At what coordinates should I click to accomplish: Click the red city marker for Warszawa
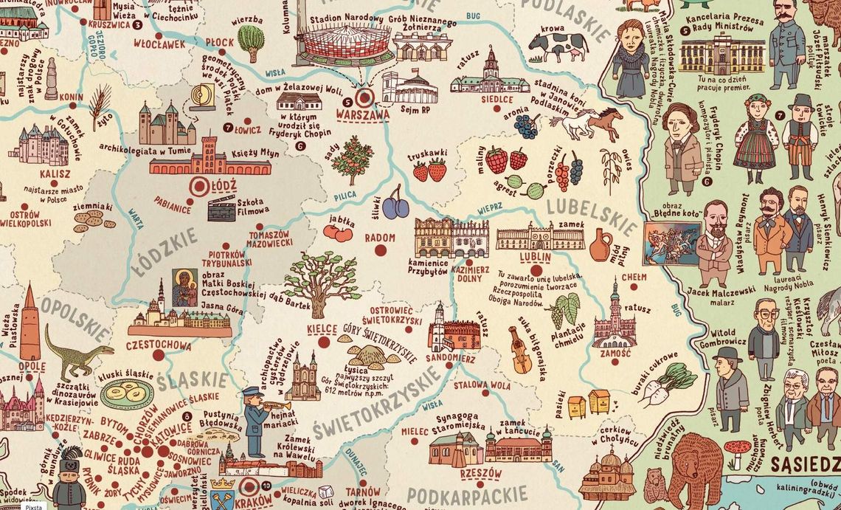click(x=364, y=97)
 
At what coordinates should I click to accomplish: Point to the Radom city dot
click(x=381, y=251)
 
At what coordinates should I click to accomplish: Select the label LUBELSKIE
click(x=592, y=215)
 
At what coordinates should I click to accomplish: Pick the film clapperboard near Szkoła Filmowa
click(x=221, y=208)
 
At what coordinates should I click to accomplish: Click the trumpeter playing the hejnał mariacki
click(x=256, y=419)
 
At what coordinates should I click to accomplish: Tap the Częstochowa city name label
click(x=159, y=345)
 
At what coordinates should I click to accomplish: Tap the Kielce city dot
click(x=323, y=341)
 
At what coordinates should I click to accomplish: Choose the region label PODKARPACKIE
click(x=468, y=495)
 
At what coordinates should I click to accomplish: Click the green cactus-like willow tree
click(x=251, y=42)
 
